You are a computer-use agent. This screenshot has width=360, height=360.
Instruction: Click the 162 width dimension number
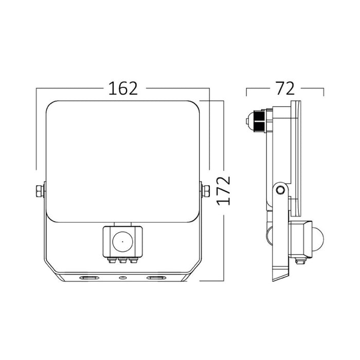pyautogui.click(x=122, y=88)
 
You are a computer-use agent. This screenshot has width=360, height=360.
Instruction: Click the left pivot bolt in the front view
pyautogui.click(x=39, y=191)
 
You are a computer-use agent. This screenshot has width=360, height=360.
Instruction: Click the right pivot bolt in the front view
pyautogui.click(x=206, y=191)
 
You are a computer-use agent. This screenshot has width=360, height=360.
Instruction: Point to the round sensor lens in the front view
pyautogui.click(x=122, y=240)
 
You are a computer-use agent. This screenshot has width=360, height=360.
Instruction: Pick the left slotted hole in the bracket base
pyautogui.click(x=88, y=278)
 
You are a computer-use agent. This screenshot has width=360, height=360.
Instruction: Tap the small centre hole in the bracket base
pyautogui.click(x=122, y=278)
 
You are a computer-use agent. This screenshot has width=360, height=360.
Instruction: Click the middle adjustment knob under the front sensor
pyautogui.click(x=122, y=260)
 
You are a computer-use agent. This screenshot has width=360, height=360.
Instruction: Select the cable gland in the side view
pyautogui.click(x=254, y=121)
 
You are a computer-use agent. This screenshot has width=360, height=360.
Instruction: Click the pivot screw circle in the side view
pyautogui.click(x=280, y=190)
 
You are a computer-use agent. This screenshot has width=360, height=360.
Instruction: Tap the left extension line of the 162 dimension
pyautogui.click(x=36, y=129)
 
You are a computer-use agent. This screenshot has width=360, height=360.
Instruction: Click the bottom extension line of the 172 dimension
pyautogui.click(x=212, y=281)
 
